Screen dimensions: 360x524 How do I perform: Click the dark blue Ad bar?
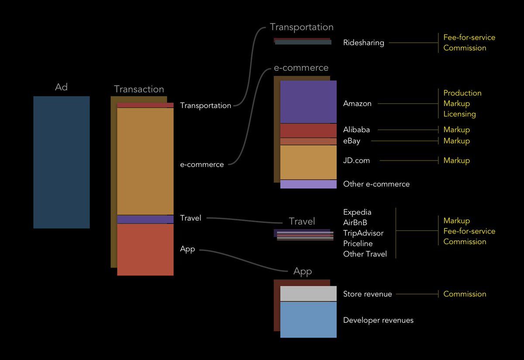click(x=61, y=162)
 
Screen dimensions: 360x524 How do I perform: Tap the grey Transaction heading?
click(x=139, y=89)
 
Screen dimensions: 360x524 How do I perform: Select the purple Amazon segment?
click(x=308, y=102)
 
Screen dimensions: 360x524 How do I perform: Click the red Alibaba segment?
click(x=308, y=130)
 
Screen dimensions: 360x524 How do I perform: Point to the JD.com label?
click(x=356, y=161)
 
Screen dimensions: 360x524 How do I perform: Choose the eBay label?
click(x=352, y=141)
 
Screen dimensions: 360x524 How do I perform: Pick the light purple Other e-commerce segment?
click(x=308, y=184)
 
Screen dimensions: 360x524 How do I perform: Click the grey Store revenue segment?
click(x=308, y=294)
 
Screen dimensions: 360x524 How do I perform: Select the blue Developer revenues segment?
click(x=308, y=320)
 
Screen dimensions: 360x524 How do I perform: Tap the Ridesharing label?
click(x=363, y=43)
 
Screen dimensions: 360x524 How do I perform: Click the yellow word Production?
click(x=462, y=93)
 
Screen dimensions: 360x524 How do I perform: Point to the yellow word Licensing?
click(x=459, y=114)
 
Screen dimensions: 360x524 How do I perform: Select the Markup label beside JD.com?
click(x=456, y=161)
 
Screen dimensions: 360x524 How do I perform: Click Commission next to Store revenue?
click(x=465, y=294)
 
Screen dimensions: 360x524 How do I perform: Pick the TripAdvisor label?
click(x=363, y=233)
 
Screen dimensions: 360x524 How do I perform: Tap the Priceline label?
click(x=358, y=243)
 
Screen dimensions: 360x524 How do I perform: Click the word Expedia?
click(x=357, y=212)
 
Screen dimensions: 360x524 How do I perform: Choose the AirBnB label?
click(x=355, y=223)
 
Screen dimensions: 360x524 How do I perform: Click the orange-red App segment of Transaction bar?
click(x=145, y=249)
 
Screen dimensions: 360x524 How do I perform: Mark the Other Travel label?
click(x=365, y=254)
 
